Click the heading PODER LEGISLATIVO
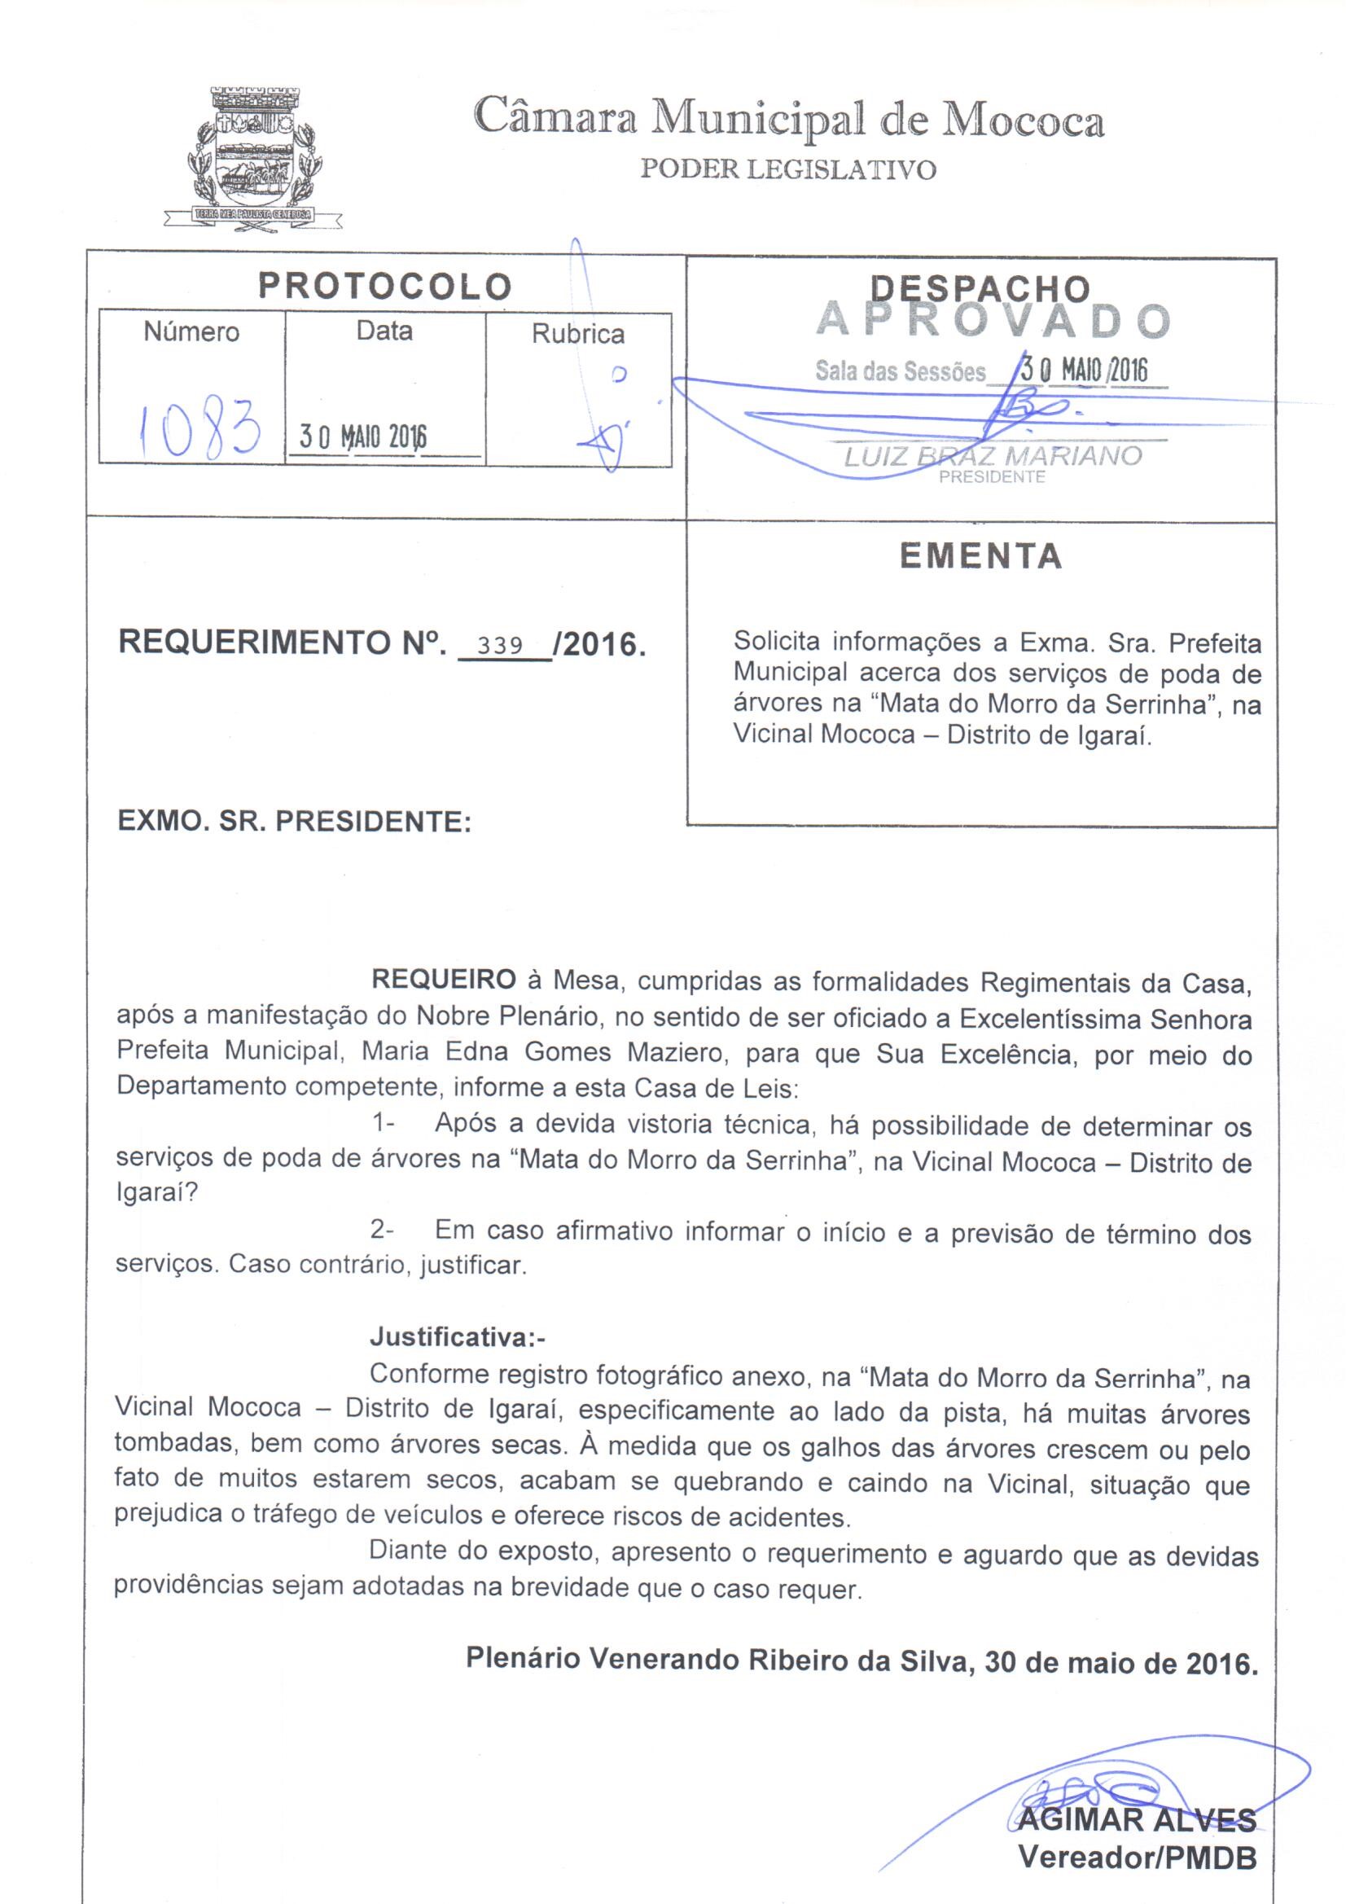pyautogui.click(x=788, y=170)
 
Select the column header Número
pyautogui.click(x=191, y=332)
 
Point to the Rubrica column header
pyautogui.click(x=577, y=334)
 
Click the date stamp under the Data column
pyautogui.click(x=362, y=437)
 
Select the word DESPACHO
pyautogui.click(x=980, y=287)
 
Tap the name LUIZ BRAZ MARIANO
pyautogui.click(x=992, y=456)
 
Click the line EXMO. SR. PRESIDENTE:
pyautogui.click(x=295, y=822)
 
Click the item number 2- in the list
pyautogui.click(x=382, y=1231)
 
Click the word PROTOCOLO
pyautogui.click(x=385, y=286)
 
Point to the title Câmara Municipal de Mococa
pyautogui.click(x=789, y=122)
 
